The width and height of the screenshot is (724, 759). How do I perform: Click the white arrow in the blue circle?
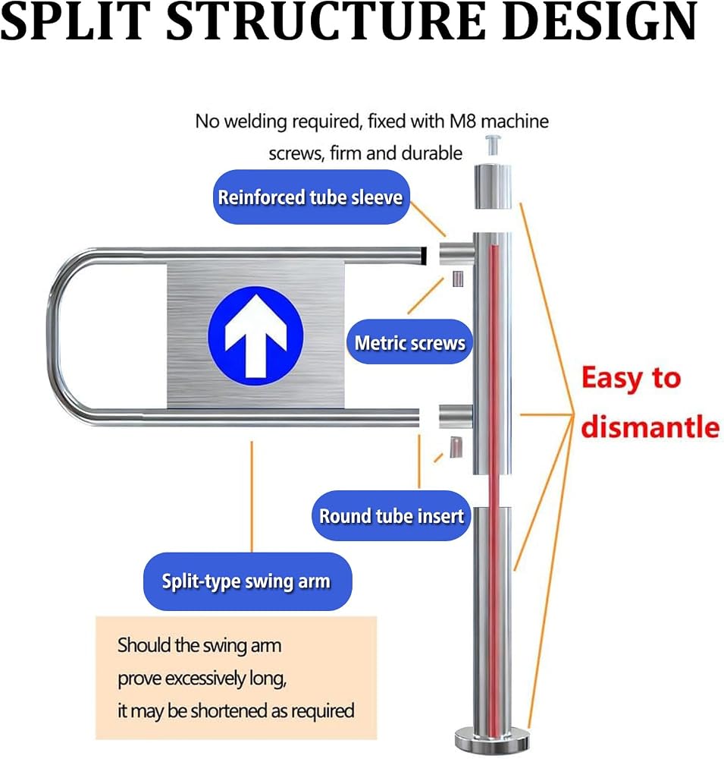[x=255, y=336]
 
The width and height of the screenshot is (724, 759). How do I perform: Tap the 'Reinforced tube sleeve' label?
[x=311, y=197]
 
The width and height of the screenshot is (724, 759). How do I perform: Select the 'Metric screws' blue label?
[x=409, y=342]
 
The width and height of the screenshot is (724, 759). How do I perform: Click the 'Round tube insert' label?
[x=391, y=515]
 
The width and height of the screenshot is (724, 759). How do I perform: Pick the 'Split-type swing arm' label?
[x=247, y=581]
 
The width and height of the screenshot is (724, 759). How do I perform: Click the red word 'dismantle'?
[x=650, y=426]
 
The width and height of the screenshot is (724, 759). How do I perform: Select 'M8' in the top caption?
[x=463, y=121]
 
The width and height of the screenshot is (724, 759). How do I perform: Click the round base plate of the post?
[x=492, y=740]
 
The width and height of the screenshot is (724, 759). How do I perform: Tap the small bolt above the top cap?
[x=492, y=145]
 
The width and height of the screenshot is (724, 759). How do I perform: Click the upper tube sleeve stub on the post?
[x=456, y=254]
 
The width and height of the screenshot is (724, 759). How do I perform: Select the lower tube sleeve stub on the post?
[x=456, y=416]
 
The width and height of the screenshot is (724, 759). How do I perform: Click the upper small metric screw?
[x=457, y=279]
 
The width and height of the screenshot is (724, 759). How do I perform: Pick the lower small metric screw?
[x=456, y=447]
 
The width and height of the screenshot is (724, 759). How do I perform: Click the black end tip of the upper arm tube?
[x=424, y=256]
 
